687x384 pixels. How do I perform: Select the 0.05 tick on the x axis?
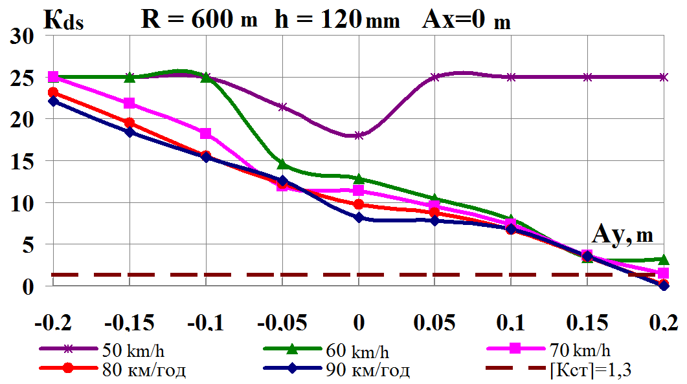(435, 322)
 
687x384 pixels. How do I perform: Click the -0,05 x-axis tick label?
(281, 322)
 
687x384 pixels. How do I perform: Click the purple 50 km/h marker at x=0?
(359, 135)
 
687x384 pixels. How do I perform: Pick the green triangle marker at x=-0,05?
(282, 164)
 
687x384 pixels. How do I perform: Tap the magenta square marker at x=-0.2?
(53, 77)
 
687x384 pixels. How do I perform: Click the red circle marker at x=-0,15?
(130, 123)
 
